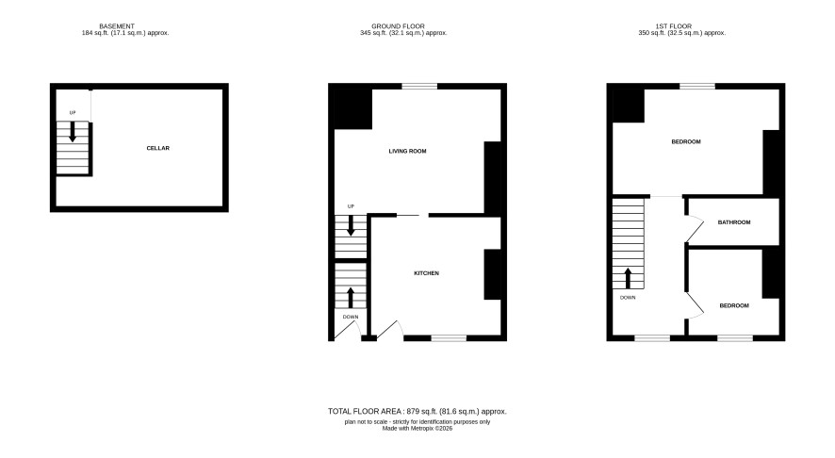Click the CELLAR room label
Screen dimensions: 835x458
tap(157, 148)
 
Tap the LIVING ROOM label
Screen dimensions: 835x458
tap(407, 151)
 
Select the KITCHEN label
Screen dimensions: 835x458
tap(427, 273)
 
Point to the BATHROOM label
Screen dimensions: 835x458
tap(734, 222)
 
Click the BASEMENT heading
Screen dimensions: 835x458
tap(117, 26)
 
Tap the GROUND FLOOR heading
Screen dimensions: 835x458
tap(398, 26)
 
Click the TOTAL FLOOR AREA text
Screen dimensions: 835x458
tap(417, 411)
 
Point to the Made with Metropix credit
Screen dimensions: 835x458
tap(417, 428)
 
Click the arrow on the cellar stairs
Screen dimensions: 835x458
tap(73, 132)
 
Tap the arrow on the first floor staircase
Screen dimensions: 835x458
tap(628, 278)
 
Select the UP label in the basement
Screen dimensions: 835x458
tap(73, 113)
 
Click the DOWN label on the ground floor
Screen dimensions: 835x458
tap(351, 317)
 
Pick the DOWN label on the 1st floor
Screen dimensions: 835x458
tap(628, 298)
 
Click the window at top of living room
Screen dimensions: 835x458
tap(419, 86)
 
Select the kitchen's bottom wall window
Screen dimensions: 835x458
tap(449, 337)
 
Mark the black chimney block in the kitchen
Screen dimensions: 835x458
tap(492, 274)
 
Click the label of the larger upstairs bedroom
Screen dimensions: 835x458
tap(686, 141)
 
